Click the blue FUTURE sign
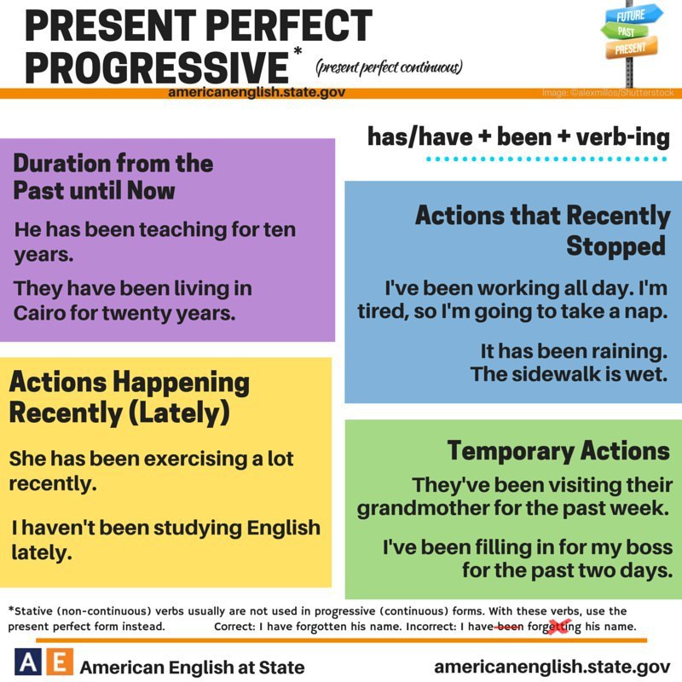633,15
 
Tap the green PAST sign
625,32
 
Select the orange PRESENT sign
632,48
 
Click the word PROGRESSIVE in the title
157,68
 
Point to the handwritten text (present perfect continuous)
389,67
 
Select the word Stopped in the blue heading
616,246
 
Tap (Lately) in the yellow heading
179,413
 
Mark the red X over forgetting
559,627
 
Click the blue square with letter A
28,662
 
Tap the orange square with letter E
60,662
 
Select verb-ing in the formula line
623,137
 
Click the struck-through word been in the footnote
511,627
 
